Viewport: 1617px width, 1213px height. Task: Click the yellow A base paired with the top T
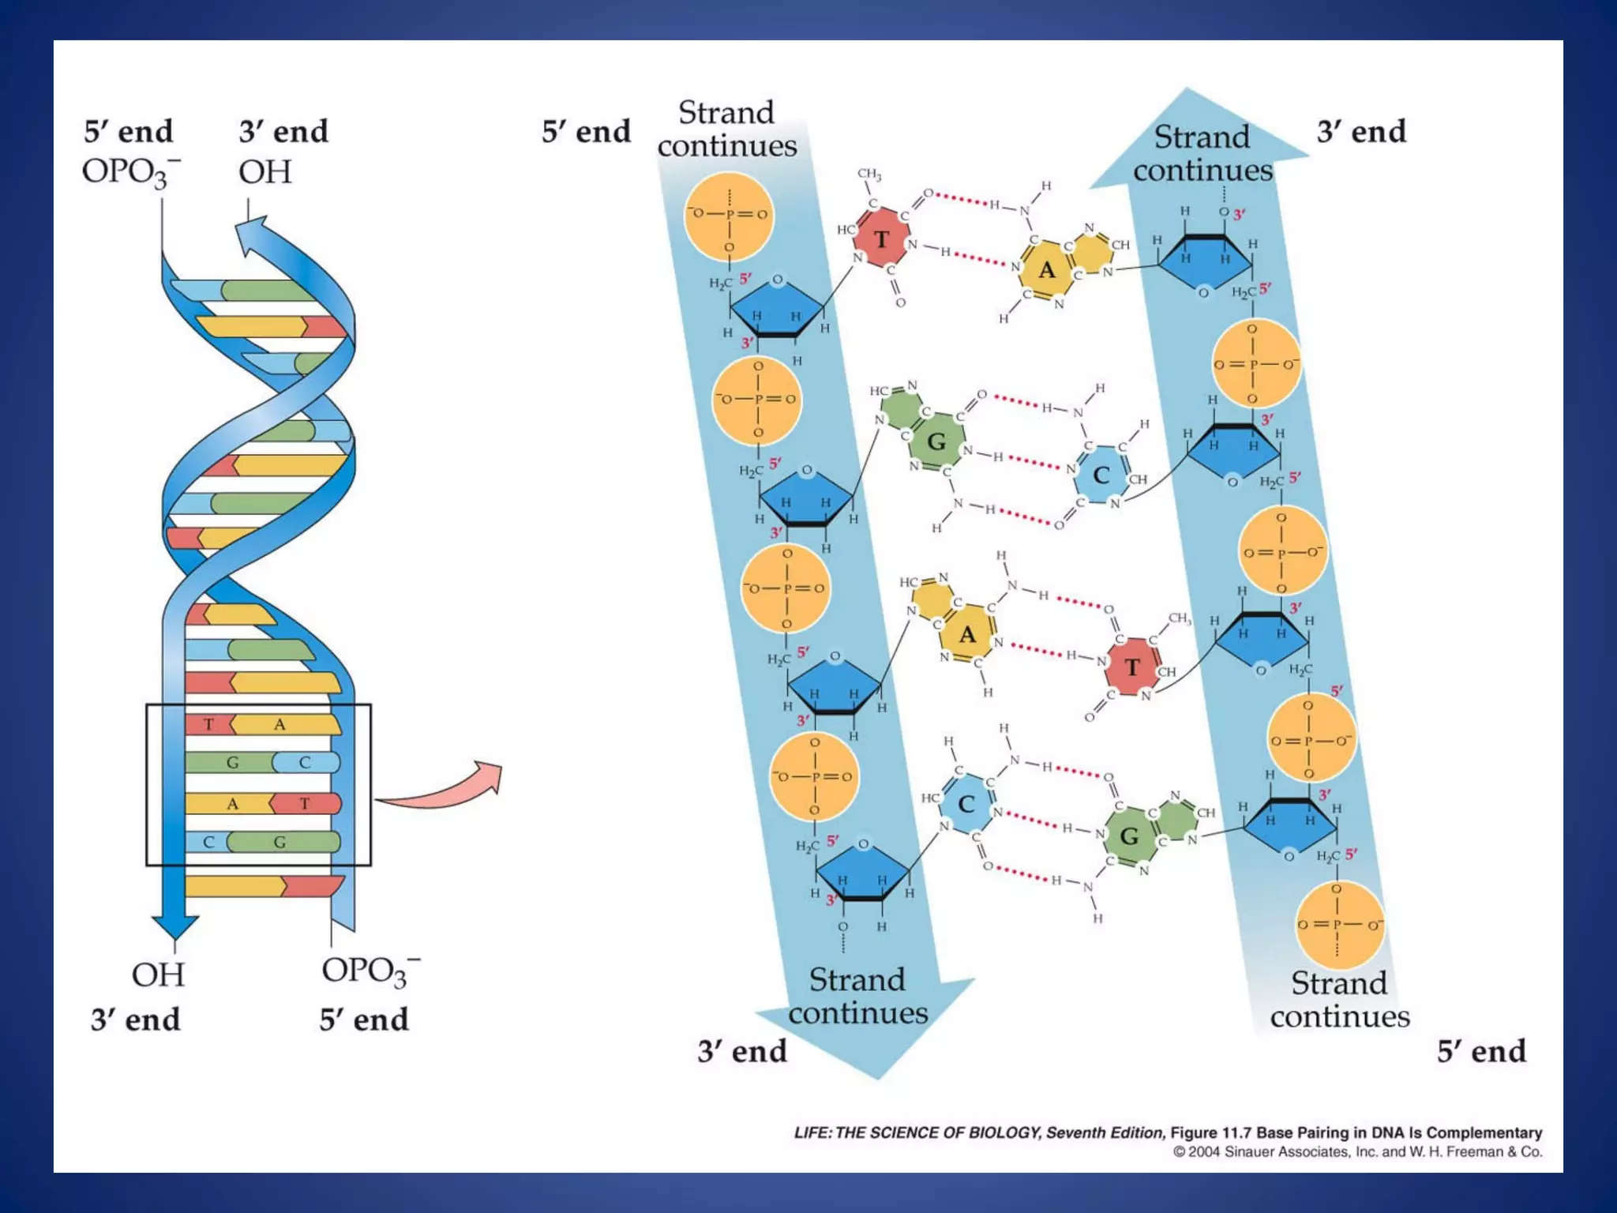coord(1047,270)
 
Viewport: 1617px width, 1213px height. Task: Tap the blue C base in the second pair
coord(1101,475)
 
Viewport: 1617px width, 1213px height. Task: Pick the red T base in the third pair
coord(1133,667)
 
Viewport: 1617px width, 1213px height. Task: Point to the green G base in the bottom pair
coord(1129,836)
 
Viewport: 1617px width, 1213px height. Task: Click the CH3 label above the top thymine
coord(869,174)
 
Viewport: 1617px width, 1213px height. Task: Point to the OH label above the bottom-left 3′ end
coord(158,975)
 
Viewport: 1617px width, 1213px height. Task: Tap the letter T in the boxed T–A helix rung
coord(208,724)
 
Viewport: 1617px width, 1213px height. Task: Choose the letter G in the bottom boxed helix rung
coord(280,842)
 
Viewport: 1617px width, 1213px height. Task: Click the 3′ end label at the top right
coord(1361,132)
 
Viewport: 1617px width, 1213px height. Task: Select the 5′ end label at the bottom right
coord(1481,1051)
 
